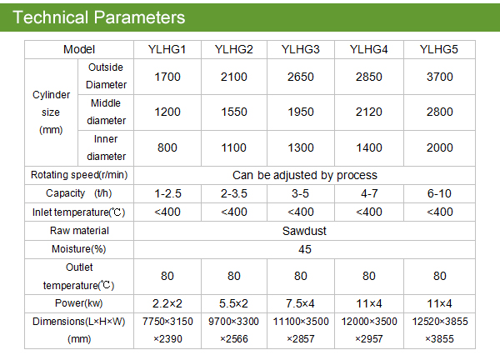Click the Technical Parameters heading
pos(99,17)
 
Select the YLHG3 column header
pos(300,49)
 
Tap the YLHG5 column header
pos(439,49)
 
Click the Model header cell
pos(79,49)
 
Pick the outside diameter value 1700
pos(167,77)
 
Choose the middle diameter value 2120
pos(369,112)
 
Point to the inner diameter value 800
pos(167,147)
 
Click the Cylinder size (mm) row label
pos(51,112)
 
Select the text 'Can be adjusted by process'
pos(305,175)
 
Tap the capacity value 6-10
pos(439,193)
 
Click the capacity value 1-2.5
pos(167,193)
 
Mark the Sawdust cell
pos(304,231)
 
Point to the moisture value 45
pos(305,249)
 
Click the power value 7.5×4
pos(300,303)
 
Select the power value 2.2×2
pos(167,303)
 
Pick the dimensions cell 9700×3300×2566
pos(233,330)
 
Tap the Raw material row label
pos(79,231)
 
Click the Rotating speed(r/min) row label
pos(79,175)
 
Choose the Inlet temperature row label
pos(79,212)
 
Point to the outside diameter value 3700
pos(440,77)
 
